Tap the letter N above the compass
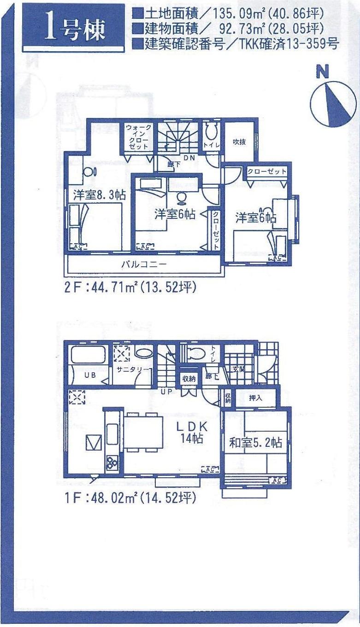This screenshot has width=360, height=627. click(x=322, y=72)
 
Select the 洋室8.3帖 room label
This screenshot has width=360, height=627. click(x=99, y=194)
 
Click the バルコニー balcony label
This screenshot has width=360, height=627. click(x=144, y=264)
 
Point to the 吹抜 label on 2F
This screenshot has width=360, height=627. click(x=239, y=142)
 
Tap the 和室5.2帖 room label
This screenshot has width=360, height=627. click(x=256, y=443)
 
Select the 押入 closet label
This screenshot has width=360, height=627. click(x=255, y=398)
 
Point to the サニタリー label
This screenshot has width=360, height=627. click(x=132, y=370)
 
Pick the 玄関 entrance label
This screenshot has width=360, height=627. click(x=239, y=369)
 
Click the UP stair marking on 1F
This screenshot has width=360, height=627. click(x=166, y=392)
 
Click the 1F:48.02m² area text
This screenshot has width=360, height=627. click(x=130, y=498)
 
